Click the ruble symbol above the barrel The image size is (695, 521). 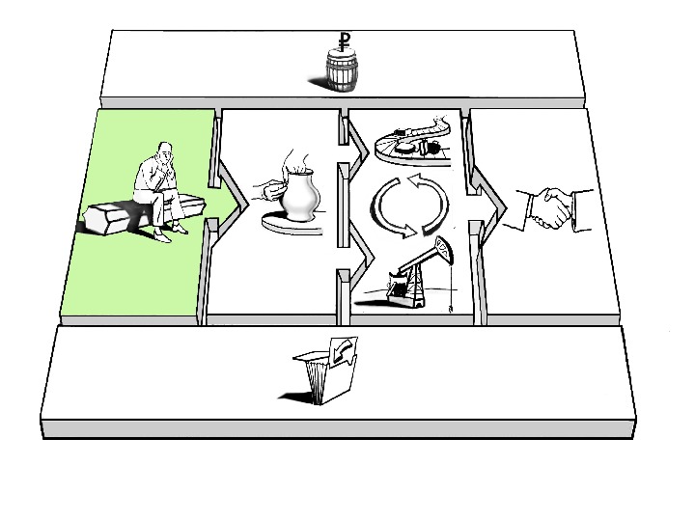344,41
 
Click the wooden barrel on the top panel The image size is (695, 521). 342,73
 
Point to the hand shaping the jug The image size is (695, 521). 264,184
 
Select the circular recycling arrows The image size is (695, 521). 409,204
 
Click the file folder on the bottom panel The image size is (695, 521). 328,371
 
